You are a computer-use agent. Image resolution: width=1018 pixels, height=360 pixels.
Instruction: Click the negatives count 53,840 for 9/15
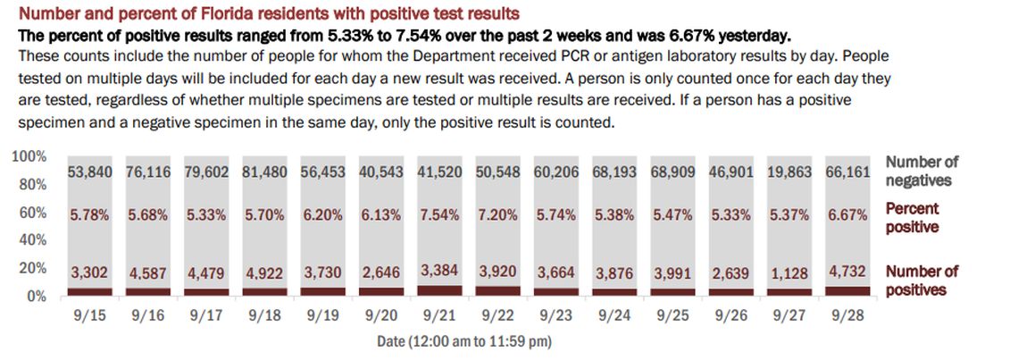(x=91, y=172)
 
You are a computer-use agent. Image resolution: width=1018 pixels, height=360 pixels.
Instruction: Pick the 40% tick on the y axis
(x=33, y=240)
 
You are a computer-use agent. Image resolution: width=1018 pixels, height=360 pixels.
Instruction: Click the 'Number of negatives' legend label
(x=921, y=171)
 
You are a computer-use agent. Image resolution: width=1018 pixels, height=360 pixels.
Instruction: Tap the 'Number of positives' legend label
(x=921, y=280)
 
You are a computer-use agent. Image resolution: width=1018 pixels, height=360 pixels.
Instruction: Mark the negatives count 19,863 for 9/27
(x=788, y=172)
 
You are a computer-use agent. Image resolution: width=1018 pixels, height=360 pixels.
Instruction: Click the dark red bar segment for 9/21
(x=439, y=289)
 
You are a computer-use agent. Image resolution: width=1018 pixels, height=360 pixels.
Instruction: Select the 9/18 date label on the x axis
(x=265, y=315)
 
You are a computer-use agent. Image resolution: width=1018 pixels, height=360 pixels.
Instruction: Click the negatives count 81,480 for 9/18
(x=265, y=172)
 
